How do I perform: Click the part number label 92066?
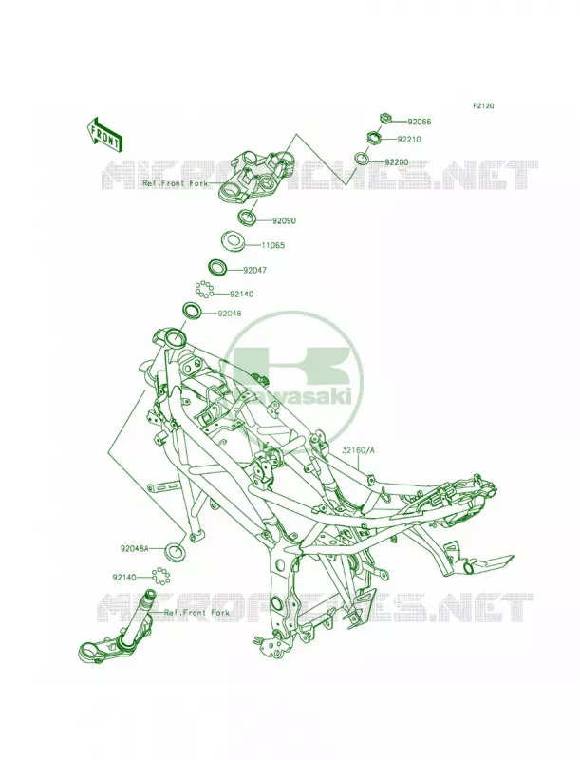(419, 122)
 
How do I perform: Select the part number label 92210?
(409, 139)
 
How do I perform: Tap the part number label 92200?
(397, 162)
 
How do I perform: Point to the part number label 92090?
(284, 220)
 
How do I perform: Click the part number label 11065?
(273, 245)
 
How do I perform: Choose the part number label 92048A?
(135, 549)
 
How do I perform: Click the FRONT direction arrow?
(104, 134)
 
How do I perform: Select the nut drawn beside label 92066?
(385, 118)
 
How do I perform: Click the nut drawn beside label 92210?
(375, 137)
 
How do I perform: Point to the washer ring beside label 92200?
(362, 159)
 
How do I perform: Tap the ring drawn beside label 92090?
(249, 217)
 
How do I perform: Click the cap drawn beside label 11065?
(232, 240)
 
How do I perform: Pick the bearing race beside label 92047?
(218, 266)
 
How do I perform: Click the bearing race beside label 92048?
(191, 310)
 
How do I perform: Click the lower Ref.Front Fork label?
(197, 612)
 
